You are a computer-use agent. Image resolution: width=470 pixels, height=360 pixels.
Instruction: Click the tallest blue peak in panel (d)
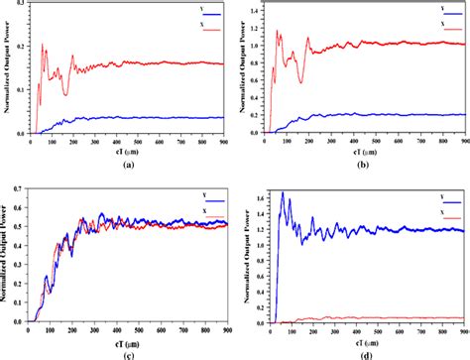pos(284,192)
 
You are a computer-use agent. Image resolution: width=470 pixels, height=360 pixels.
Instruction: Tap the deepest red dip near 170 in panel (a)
pos(65,94)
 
